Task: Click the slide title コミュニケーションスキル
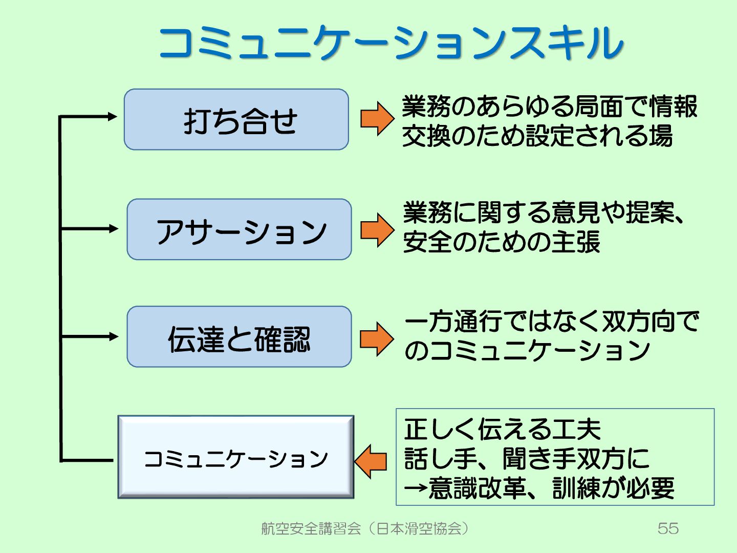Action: pyautogui.click(x=391, y=42)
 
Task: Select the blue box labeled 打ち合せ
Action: pyautogui.click(x=236, y=120)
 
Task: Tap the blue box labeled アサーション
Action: pyautogui.click(x=240, y=230)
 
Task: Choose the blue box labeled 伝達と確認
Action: pyautogui.click(x=240, y=337)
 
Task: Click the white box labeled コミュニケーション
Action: pyautogui.click(x=236, y=457)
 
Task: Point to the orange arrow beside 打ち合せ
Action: pyautogui.click(x=377, y=118)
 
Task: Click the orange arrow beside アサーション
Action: pyautogui.click(x=377, y=230)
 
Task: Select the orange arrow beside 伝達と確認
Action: pyautogui.click(x=377, y=338)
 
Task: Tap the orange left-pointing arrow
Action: pyautogui.click(x=371, y=461)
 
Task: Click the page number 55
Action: pyautogui.click(x=668, y=528)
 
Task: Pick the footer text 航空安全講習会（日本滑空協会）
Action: pyautogui.click(x=365, y=528)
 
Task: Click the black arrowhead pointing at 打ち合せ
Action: pyautogui.click(x=113, y=117)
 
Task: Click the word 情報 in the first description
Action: pyautogui.click(x=673, y=107)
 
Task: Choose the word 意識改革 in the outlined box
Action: pyautogui.click(x=477, y=488)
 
